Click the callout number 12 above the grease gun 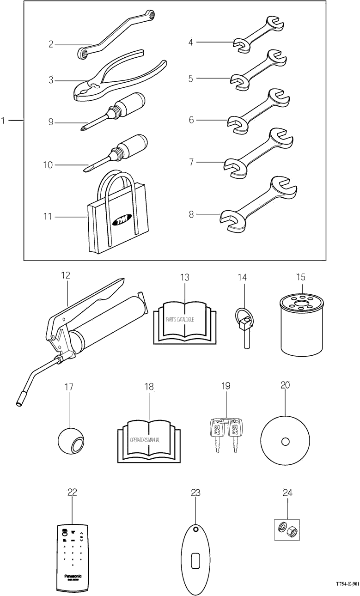[x=66, y=275]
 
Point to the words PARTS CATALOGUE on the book [x=180, y=319]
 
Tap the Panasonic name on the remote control [x=72, y=576]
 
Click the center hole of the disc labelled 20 [x=285, y=442]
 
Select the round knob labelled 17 [x=71, y=441]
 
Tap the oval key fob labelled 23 [x=195, y=559]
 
